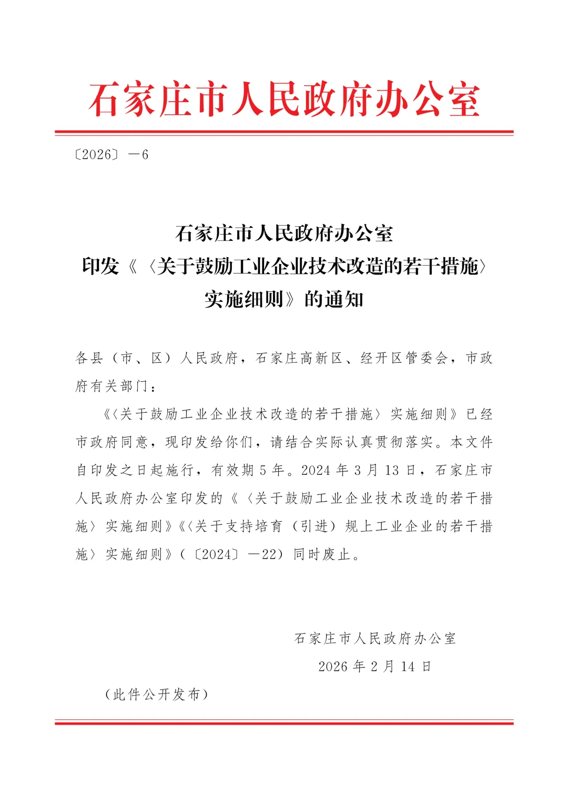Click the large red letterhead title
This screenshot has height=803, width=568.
pos(284,99)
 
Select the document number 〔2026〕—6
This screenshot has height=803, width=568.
pos(111,155)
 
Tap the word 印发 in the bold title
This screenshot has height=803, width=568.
pos(100,267)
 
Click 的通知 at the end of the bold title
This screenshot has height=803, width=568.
pos(334,299)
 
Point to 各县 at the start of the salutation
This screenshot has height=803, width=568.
pos(89,358)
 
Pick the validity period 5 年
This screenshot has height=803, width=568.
pos(272,470)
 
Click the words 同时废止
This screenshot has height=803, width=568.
pos(322,554)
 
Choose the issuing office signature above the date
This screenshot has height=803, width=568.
pos(375,638)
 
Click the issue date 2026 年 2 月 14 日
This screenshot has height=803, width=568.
pos(375,667)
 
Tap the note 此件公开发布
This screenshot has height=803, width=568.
pos(157,695)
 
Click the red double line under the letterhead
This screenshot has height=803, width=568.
pos(284,133)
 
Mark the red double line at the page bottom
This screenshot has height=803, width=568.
pos(284,722)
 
